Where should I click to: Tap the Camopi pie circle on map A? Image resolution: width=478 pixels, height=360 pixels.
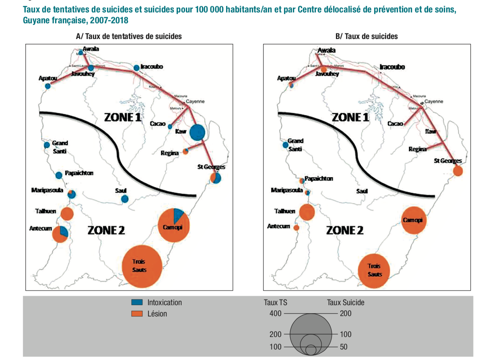click(x=174, y=225)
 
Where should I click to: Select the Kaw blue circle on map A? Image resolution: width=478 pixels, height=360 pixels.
click(x=197, y=132)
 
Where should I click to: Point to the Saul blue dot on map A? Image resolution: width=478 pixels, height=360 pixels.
click(x=125, y=199)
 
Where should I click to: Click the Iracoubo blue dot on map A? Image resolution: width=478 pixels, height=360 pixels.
click(x=136, y=67)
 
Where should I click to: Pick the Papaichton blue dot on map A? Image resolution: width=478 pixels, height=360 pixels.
click(x=59, y=175)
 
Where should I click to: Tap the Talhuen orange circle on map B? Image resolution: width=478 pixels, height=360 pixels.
click(x=307, y=213)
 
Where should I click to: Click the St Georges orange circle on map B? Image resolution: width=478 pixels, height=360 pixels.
click(x=457, y=171)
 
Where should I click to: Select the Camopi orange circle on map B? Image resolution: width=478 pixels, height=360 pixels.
click(x=414, y=220)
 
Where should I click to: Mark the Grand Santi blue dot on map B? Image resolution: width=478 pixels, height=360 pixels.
click(x=286, y=145)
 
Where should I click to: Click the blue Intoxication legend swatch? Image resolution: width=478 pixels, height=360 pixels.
click(x=137, y=302)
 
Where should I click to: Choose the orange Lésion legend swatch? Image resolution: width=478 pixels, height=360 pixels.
click(x=137, y=314)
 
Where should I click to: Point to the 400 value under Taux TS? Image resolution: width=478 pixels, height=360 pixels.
click(x=276, y=313)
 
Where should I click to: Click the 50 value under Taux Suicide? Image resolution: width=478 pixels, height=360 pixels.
click(x=344, y=347)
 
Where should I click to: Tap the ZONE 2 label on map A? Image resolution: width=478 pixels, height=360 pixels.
click(x=106, y=230)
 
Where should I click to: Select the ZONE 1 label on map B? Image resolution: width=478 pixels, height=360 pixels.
click(x=350, y=117)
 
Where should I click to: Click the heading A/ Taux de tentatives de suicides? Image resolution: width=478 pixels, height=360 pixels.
click(x=129, y=36)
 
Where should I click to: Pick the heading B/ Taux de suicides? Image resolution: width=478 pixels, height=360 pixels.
click(x=366, y=36)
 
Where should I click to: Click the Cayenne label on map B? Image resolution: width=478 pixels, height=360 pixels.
click(x=434, y=101)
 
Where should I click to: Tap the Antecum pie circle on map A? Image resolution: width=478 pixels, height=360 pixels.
click(x=60, y=234)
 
